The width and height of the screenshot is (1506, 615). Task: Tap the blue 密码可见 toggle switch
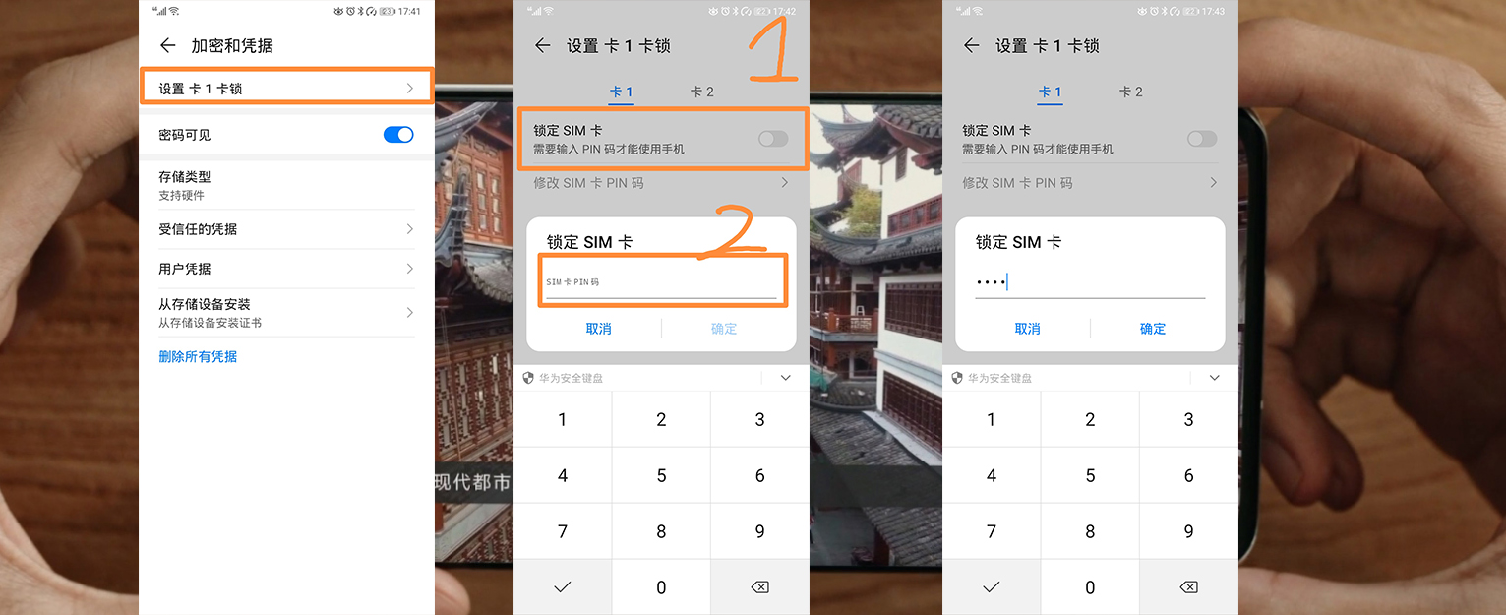(x=398, y=135)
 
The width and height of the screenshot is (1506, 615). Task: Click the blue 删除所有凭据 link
(x=198, y=356)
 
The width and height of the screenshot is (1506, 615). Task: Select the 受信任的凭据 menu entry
(x=198, y=229)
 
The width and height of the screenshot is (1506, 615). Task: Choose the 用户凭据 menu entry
(x=185, y=269)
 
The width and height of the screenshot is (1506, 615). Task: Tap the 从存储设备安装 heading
(x=205, y=304)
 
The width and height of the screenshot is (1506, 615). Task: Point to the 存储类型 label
(x=185, y=176)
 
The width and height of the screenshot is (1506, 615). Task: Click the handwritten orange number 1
(x=773, y=50)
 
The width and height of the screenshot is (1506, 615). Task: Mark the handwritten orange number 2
(x=733, y=232)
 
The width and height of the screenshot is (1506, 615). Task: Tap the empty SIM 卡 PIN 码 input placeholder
(x=572, y=282)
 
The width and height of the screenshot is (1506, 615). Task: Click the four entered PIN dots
(x=991, y=282)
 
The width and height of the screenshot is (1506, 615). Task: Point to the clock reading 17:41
(x=409, y=12)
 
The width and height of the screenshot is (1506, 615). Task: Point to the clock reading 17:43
(x=1213, y=12)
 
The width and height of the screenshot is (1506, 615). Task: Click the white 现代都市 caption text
(x=472, y=482)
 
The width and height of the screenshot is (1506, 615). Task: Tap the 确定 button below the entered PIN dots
(x=1152, y=329)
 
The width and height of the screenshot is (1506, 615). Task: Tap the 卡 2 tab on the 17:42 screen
(x=702, y=92)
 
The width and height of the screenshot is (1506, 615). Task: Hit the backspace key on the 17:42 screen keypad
(x=759, y=587)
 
